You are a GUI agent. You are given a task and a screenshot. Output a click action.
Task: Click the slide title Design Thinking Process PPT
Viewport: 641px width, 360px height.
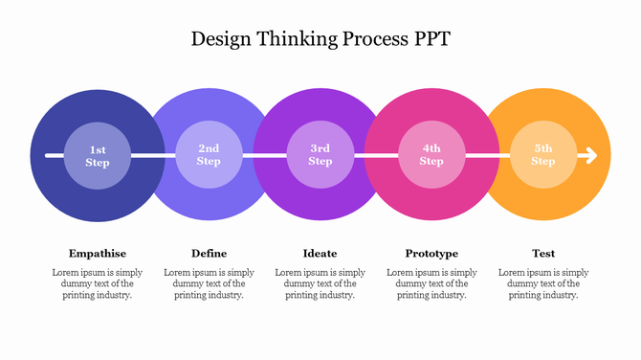(320, 39)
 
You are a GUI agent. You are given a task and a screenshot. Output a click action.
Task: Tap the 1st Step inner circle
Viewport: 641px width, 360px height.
(98, 155)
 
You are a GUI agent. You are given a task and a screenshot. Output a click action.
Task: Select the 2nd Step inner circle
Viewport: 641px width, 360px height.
(209, 155)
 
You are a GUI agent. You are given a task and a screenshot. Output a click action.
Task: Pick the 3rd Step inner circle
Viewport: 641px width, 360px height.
(320, 155)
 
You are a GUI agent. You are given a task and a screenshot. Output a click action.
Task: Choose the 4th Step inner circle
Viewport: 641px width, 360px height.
(431, 155)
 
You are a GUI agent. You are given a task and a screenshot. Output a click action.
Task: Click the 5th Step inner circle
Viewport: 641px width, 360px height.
(543, 155)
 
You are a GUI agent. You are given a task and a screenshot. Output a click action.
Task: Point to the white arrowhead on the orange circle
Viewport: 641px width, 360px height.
(590, 155)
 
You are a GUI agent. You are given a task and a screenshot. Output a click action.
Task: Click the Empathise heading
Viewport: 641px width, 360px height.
(98, 254)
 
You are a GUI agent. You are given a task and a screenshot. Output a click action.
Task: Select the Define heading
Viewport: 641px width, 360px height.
(209, 254)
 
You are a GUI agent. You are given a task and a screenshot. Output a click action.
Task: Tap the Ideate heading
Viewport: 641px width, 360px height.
(320, 254)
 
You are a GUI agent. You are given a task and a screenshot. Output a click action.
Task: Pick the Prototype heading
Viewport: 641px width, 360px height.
(431, 254)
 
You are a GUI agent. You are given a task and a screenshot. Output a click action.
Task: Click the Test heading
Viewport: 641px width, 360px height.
(543, 254)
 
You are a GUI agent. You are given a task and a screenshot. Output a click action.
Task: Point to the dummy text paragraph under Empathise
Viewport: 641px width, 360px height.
(98, 283)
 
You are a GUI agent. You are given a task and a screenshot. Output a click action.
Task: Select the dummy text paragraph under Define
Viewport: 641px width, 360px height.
(209, 283)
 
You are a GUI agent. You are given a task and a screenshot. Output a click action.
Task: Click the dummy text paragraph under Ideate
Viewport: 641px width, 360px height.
(320, 283)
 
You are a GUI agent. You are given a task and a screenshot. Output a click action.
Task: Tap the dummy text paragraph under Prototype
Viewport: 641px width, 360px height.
(431, 283)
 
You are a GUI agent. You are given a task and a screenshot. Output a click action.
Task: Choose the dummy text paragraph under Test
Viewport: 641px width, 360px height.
(543, 283)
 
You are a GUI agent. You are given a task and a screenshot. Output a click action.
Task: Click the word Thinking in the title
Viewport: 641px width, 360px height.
(292, 40)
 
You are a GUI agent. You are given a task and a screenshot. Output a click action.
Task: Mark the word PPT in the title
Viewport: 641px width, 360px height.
(430, 39)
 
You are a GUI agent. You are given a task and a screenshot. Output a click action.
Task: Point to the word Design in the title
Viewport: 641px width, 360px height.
(222, 40)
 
